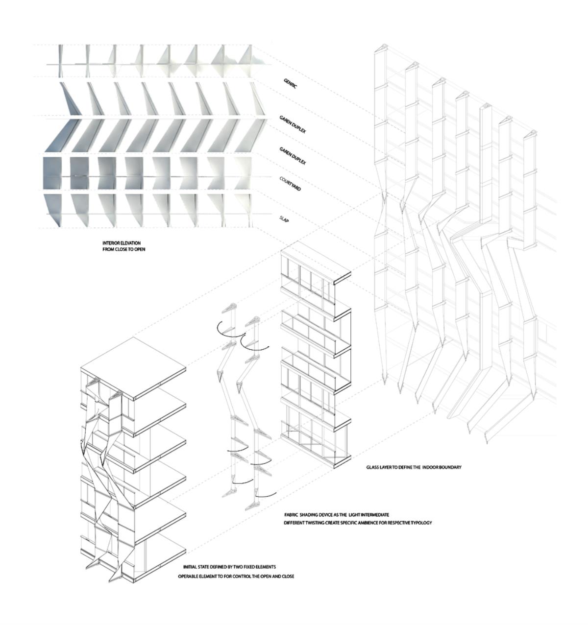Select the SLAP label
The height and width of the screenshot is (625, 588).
[x=284, y=220]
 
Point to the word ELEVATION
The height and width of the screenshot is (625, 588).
[x=130, y=243]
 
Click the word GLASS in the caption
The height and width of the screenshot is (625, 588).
[x=373, y=467]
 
